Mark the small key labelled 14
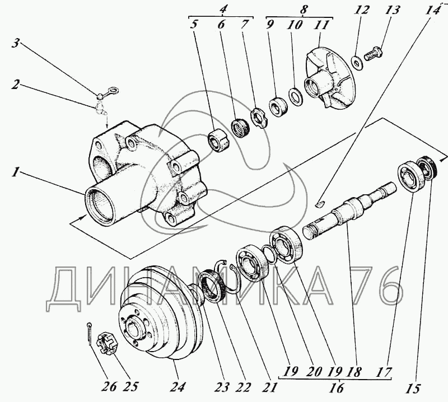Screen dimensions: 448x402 tap(320, 203)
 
